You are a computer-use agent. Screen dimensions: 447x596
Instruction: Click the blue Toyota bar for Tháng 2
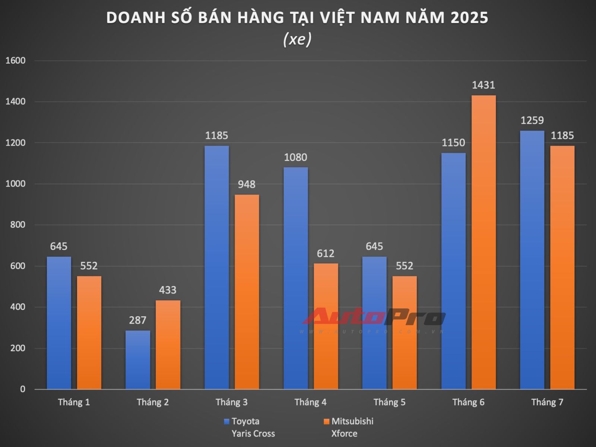pyautogui.click(x=138, y=359)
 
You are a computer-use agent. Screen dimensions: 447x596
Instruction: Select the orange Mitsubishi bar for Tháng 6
pyautogui.click(x=484, y=242)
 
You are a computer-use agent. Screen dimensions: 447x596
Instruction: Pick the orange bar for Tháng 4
pyautogui.click(x=326, y=326)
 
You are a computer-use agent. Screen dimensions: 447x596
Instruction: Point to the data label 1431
pyautogui.click(x=484, y=85)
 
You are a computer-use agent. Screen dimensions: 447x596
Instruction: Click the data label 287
pyautogui.click(x=137, y=320)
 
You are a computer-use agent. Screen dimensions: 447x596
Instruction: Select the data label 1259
pyautogui.click(x=532, y=120)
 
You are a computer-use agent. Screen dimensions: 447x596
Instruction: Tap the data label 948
pyautogui.click(x=247, y=184)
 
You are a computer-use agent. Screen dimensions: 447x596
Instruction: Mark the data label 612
pyautogui.click(x=326, y=254)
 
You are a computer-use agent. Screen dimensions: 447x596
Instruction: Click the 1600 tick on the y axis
pyautogui.click(x=15, y=61)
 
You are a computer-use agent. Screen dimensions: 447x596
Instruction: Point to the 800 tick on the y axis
pyautogui.click(x=18, y=225)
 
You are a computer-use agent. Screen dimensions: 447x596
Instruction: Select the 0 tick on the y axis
pyautogui.click(x=23, y=389)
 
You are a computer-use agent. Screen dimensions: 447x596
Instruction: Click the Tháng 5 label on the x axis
pyautogui.click(x=389, y=402)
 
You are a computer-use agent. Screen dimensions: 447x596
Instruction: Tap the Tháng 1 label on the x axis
pyautogui.click(x=74, y=402)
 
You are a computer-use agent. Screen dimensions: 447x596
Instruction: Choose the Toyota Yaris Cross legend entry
pyautogui.click(x=250, y=427)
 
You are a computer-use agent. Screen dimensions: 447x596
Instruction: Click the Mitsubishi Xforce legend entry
pyautogui.click(x=348, y=427)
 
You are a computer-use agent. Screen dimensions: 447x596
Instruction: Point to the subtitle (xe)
pyautogui.click(x=297, y=39)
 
